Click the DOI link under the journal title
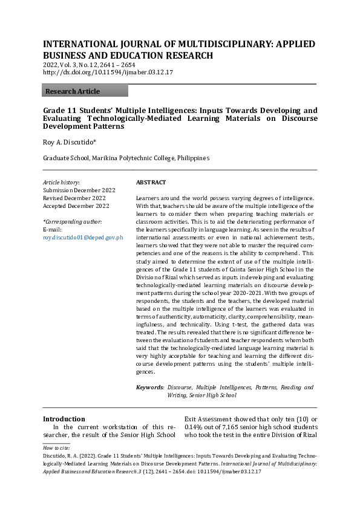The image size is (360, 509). coord(108,72)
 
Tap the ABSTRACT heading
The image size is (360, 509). coord(151,182)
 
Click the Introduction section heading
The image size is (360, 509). coord(64,419)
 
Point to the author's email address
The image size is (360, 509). coord(83,238)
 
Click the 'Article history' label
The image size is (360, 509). coord(61,182)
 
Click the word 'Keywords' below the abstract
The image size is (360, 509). coord(149,387)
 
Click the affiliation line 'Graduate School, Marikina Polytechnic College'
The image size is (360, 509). coord(126,158)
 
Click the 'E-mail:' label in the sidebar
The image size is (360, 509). coord(53,230)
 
